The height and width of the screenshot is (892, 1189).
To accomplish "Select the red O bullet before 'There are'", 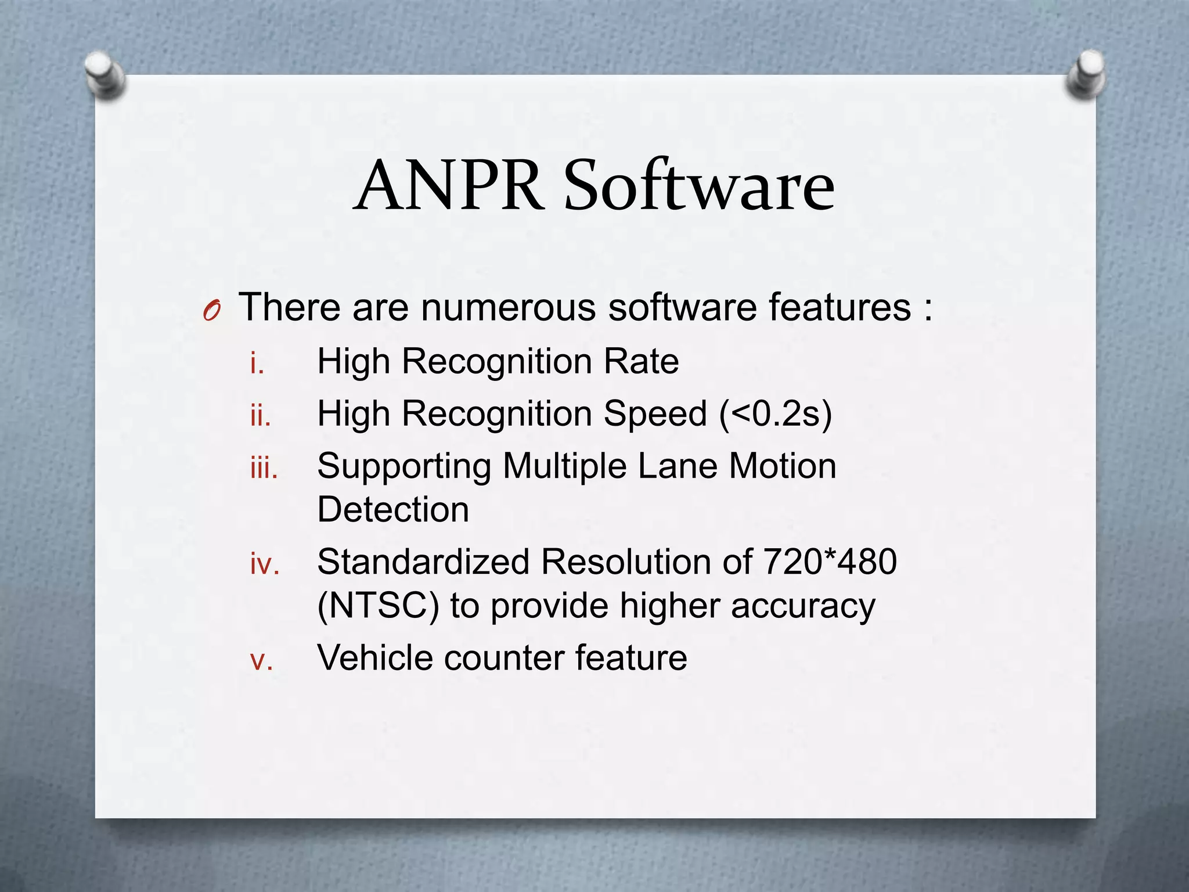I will [211, 312].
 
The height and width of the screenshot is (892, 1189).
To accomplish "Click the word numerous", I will [508, 307].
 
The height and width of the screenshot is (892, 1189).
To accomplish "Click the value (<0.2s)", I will [775, 414].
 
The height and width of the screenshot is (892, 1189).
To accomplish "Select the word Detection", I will [393, 510].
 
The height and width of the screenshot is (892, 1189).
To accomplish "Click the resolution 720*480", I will [830, 562].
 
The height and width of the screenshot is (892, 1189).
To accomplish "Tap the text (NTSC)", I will [378, 606].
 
